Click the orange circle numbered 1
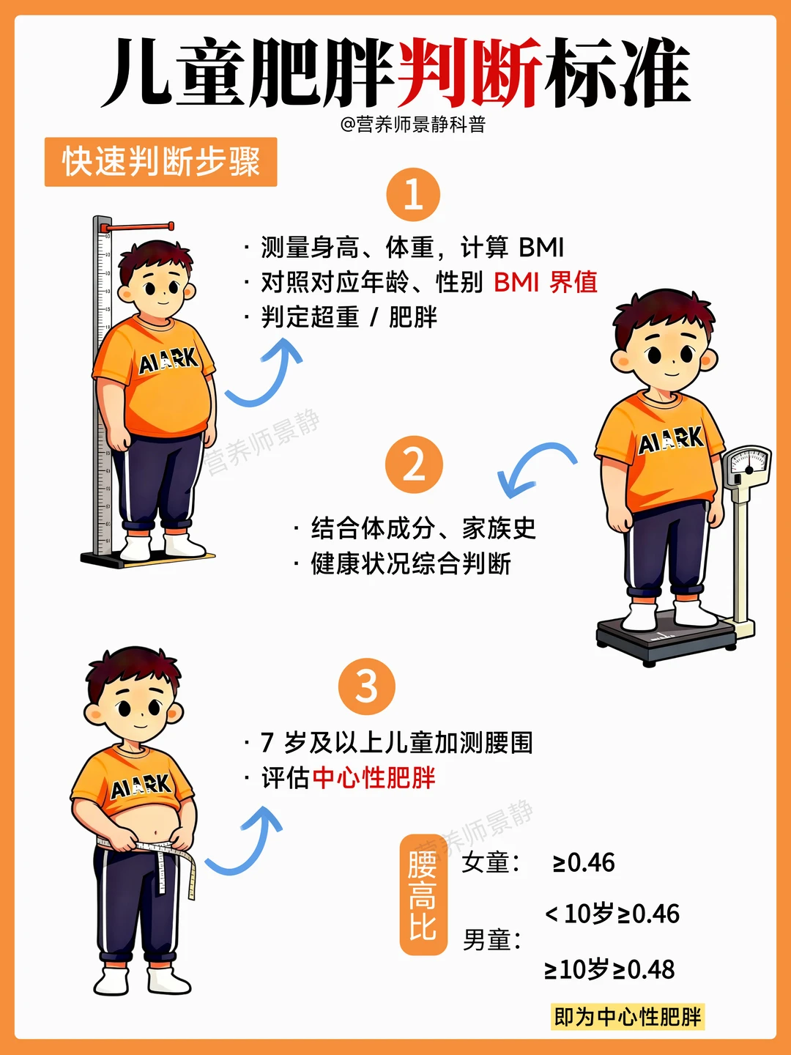[x=413, y=195]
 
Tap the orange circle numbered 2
[x=414, y=464]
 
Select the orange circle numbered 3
[x=367, y=686]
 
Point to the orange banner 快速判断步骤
[x=161, y=162]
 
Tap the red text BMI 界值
[x=546, y=282]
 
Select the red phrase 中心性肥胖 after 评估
[x=374, y=778]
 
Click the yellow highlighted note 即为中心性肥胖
[x=628, y=1017]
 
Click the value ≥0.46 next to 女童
[x=584, y=863]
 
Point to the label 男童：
[x=491, y=940]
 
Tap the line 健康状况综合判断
[x=410, y=564]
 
